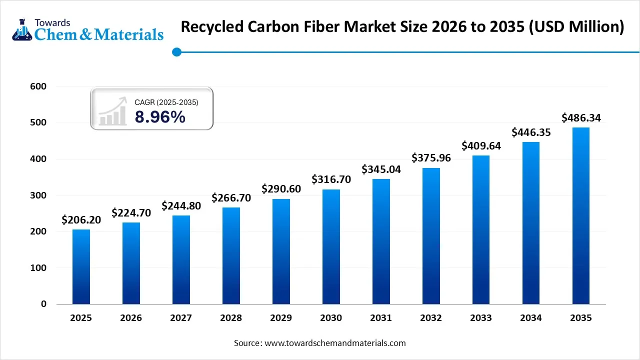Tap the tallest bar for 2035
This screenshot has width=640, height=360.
[x=581, y=215]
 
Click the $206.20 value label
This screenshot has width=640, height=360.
[x=81, y=220]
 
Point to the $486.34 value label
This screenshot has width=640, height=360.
[x=581, y=118]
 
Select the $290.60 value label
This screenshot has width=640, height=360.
[x=281, y=189]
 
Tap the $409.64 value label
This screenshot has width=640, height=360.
[x=481, y=146]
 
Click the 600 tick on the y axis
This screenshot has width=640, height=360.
[x=38, y=86]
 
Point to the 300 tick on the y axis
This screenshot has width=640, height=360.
[x=38, y=195]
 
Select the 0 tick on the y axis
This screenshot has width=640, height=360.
[x=43, y=304]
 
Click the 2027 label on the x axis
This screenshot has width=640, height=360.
[x=181, y=318]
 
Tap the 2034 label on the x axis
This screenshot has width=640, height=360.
[x=531, y=318]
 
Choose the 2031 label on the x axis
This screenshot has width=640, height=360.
[x=381, y=318]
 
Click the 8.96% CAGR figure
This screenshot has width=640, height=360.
[x=159, y=117]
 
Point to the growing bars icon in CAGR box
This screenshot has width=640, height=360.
[x=112, y=112]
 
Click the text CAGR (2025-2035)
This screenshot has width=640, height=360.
[x=166, y=102]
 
